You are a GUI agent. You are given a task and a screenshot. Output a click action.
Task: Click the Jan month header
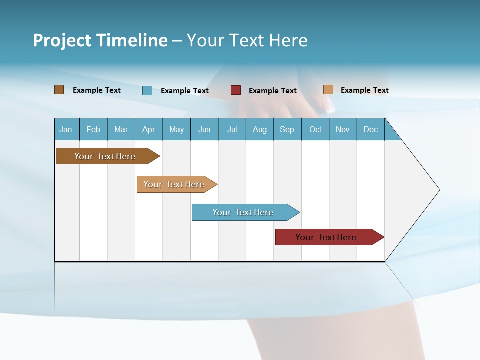(66, 129)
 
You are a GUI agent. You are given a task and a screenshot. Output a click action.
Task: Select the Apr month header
(149, 129)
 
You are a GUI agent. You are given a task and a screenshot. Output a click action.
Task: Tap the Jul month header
(232, 129)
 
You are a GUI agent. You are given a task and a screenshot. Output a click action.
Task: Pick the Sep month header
(287, 129)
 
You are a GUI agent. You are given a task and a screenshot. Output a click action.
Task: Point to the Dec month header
(370, 129)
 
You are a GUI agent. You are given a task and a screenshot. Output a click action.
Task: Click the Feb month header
(93, 129)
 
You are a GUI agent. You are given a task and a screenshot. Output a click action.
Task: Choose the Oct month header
(315, 129)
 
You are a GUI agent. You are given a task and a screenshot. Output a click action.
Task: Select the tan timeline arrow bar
(175, 184)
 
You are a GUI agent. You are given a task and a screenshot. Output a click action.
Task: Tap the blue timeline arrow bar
(244, 212)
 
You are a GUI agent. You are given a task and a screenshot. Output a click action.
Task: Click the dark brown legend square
(59, 90)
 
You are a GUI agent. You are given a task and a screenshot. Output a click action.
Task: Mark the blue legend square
(147, 90)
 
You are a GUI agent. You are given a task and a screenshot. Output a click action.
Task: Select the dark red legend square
(236, 90)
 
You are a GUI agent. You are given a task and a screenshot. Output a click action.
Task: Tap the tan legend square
(328, 90)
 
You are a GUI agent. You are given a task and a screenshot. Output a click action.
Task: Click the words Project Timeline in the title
(100, 40)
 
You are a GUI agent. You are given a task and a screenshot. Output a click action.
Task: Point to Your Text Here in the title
(247, 40)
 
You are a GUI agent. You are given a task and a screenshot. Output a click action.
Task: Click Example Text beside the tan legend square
(364, 90)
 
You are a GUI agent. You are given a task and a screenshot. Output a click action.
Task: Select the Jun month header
(204, 129)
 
